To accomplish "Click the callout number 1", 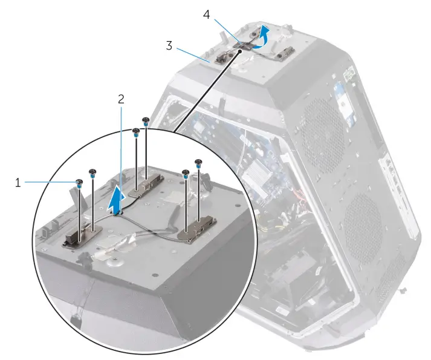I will [x=18, y=182].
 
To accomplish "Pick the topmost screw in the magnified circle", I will [x=145, y=120].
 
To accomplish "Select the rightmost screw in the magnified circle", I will [x=198, y=162].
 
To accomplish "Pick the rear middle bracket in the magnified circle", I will [x=145, y=185].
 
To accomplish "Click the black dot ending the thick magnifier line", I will [x=241, y=52].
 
